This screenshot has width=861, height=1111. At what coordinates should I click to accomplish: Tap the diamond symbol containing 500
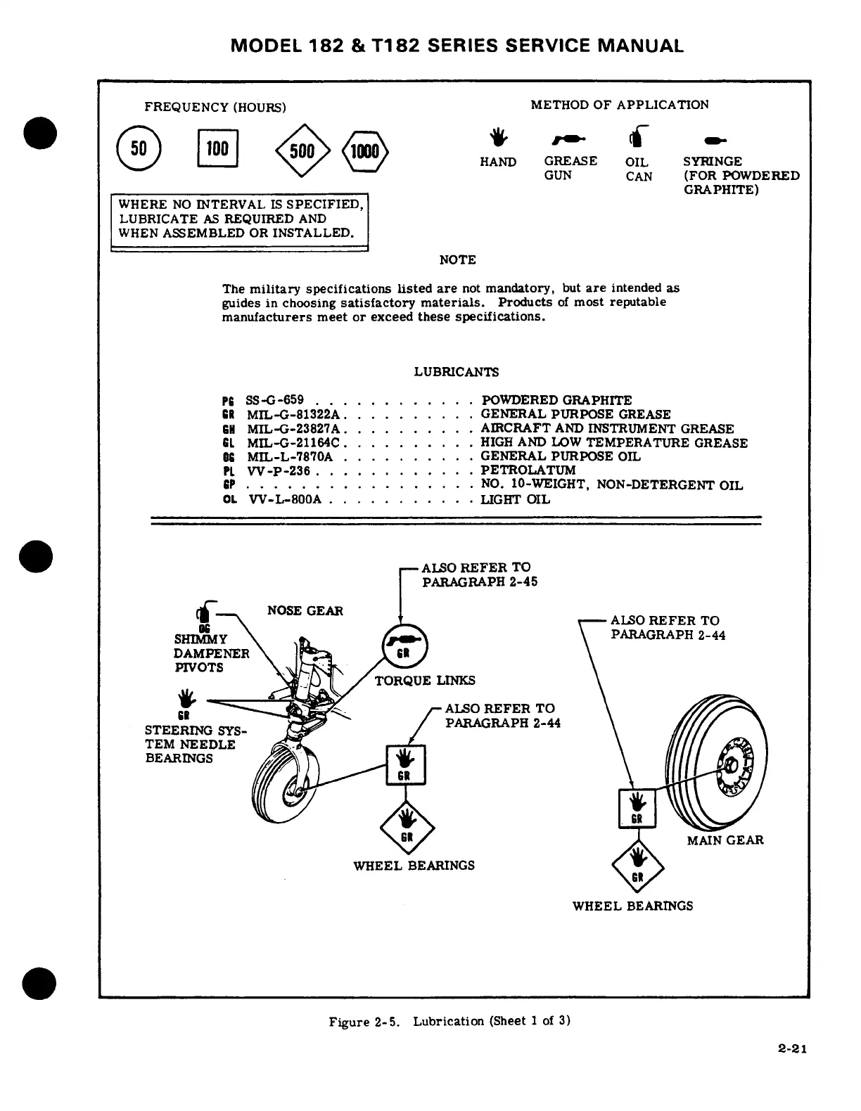(302, 150)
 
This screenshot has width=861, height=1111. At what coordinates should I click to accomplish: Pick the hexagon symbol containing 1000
(365, 151)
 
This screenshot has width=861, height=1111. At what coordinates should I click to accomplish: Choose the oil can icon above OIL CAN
(639, 136)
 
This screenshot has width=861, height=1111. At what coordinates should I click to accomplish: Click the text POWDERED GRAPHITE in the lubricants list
(556, 399)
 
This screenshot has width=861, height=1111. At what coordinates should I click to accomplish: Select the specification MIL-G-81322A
(293, 414)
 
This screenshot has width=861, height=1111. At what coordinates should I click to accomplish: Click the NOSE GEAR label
(305, 610)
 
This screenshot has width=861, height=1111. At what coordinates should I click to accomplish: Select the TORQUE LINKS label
(424, 680)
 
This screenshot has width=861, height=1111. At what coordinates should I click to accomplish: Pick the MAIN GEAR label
(725, 840)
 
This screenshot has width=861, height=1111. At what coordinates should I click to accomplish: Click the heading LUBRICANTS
(456, 371)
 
